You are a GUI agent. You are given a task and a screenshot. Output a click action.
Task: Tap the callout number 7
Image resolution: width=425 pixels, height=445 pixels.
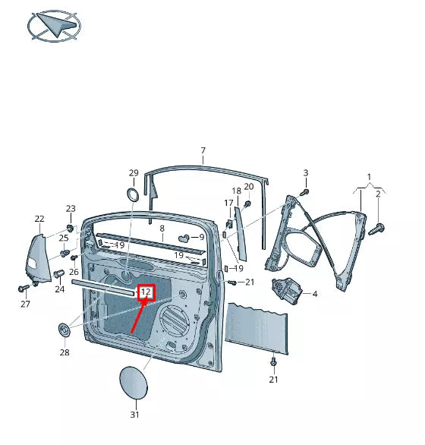click(x=203, y=150)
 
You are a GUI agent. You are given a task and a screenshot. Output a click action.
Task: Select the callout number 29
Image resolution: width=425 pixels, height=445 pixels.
click(x=134, y=173)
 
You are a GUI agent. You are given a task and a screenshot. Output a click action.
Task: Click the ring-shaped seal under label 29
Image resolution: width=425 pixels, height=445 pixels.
click(x=132, y=195)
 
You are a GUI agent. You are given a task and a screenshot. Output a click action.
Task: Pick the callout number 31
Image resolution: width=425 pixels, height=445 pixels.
click(x=134, y=415)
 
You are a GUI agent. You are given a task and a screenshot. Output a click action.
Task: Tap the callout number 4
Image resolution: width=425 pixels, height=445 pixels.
click(x=314, y=293)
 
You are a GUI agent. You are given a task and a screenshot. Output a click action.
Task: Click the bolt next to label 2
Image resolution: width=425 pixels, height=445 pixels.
click(x=379, y=227)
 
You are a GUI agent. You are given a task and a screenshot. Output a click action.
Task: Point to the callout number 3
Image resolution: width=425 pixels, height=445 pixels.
click(x=306, y=173)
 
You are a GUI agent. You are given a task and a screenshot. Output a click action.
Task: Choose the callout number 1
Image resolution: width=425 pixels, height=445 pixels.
click(x=370, y=177)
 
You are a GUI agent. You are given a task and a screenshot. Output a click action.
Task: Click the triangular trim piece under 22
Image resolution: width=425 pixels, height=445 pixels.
click(x=38, y=259)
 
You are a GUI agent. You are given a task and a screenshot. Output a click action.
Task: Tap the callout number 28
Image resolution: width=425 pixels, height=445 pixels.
click(x=65, y=352)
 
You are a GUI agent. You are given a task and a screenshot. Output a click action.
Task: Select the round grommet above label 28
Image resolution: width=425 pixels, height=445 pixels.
click(x=65, y=330)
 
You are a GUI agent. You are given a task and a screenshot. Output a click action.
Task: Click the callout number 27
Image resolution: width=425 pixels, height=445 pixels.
click(x=25, y=305)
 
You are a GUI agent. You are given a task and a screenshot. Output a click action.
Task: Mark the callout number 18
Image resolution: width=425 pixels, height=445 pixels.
click(x=236, y=191)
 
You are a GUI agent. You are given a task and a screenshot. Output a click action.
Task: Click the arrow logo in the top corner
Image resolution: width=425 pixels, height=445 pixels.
click(x=52, y=27)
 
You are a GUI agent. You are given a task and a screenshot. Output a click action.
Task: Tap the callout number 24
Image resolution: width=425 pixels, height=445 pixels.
click(x=59, y=289)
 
